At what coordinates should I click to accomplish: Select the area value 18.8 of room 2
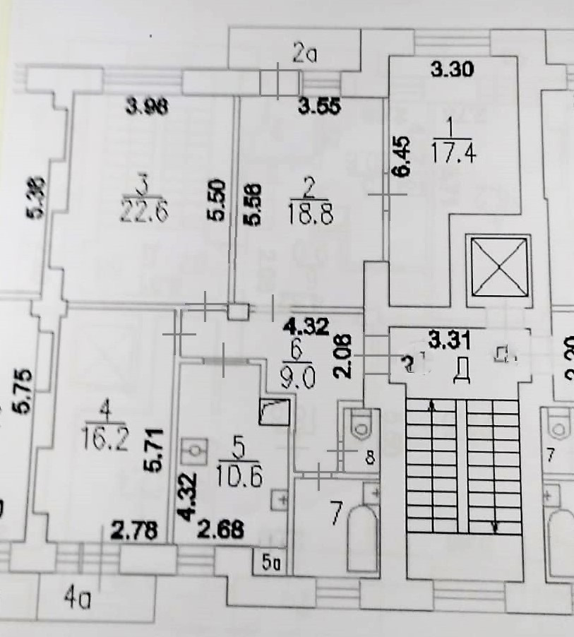(308, 210)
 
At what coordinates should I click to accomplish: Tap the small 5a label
(270, 564)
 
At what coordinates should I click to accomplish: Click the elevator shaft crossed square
(499, 268)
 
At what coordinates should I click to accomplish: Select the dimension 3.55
(320, 107)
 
